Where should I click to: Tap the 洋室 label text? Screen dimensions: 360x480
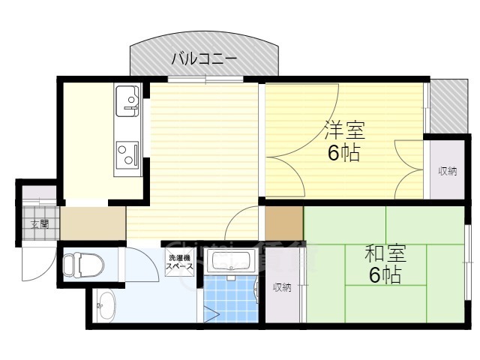pos(344,130)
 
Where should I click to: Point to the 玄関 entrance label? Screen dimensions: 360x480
pos(39,223)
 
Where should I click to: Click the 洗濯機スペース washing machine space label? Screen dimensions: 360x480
pos(180,262)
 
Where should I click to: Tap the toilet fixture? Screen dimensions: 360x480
pos(75,264)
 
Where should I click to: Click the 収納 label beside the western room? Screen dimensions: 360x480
pos(448,172)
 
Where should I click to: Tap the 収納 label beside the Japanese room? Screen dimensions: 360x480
pos(282,287)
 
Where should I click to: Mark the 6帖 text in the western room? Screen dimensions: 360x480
pos(343,153)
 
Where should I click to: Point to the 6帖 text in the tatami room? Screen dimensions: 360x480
pos(384,275)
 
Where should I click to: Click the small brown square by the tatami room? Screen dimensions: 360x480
pos(284,222)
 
